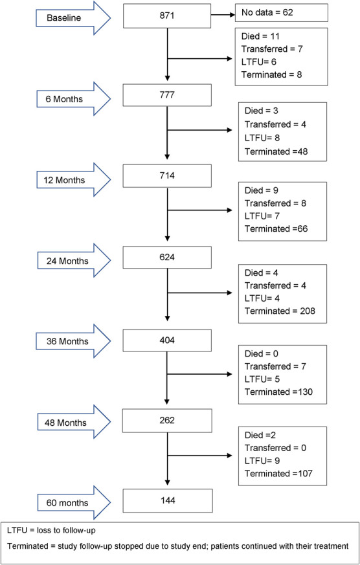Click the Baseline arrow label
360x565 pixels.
click(64, 17)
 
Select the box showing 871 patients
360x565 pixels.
click(167, 16)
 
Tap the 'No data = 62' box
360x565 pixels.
click(282, 12)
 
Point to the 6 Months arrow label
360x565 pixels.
click(64, 99)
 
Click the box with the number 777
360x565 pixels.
click(167, 95)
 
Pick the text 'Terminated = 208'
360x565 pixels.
click(280, 311)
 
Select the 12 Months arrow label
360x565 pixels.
click(64, 180)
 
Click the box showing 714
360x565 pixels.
click(167, 176)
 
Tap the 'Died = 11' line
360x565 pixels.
click(260, 36)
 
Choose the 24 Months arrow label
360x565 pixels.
click(67, 261)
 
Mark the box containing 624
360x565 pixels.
click(167, 258)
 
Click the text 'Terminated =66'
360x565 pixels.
click(276, 228)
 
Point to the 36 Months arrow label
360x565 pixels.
click(67, 341)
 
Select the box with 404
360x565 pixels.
click(167, 340)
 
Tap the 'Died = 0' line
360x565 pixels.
click(262, 354)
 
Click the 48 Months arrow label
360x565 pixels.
click(67, 423)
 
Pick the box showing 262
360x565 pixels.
click(167, 420)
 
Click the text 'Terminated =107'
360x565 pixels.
click(278, 474)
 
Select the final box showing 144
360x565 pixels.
click(167, 500)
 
